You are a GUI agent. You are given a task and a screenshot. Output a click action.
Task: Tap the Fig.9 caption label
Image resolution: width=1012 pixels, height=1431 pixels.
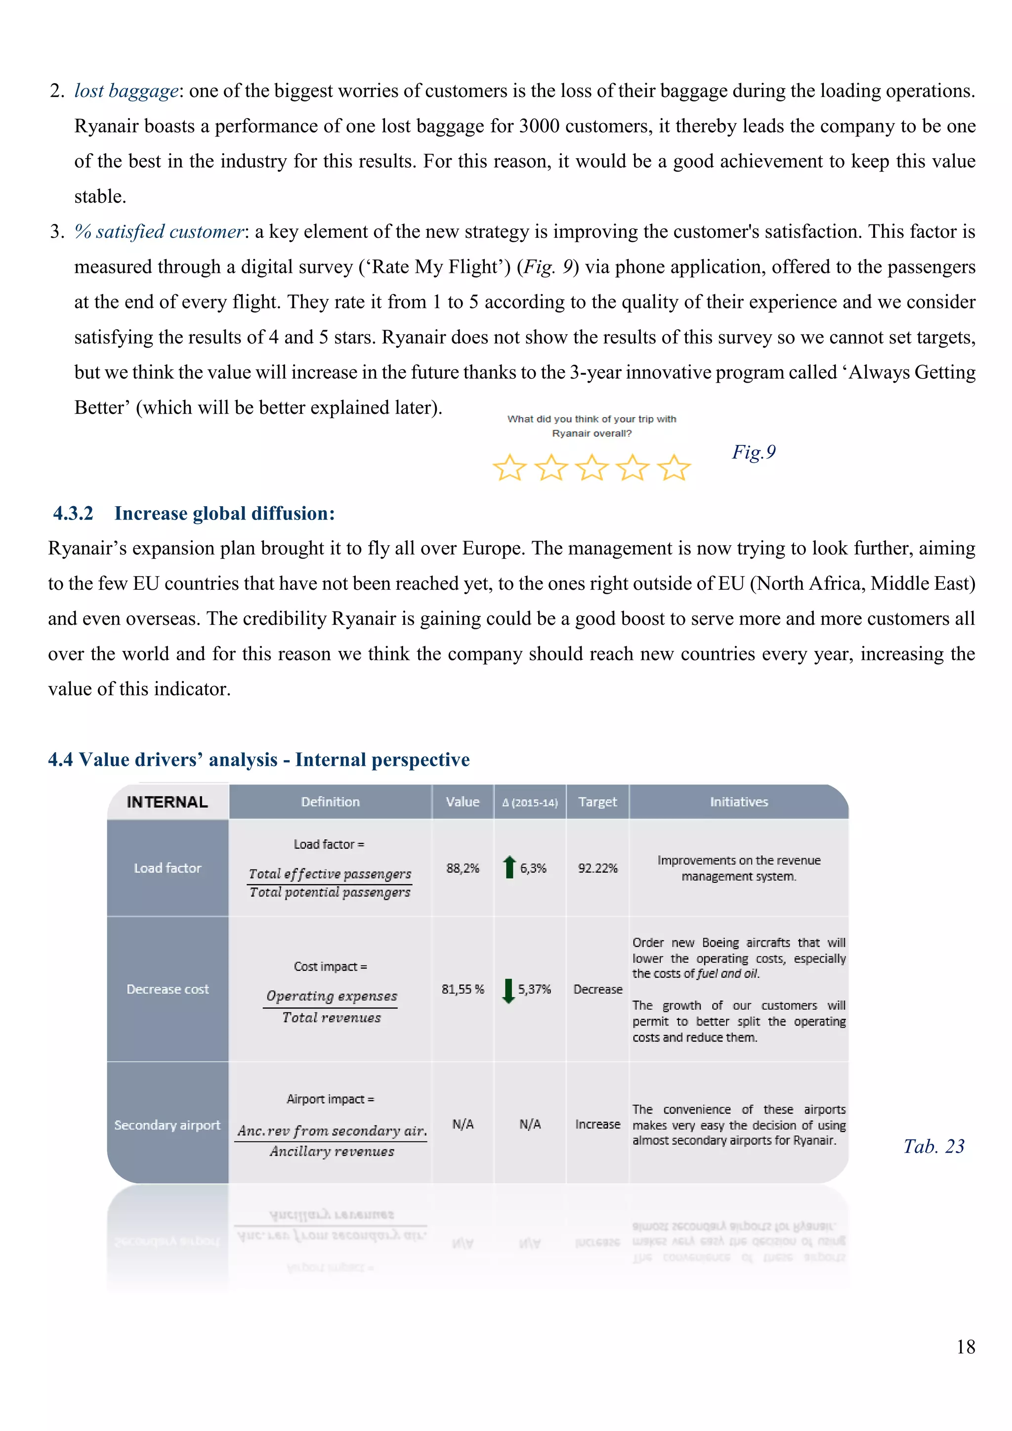754,452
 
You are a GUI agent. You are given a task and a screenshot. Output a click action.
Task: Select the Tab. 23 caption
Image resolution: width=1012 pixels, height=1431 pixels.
933,1146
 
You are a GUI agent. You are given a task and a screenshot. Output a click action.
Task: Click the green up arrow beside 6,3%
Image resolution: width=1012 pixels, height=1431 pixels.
509,867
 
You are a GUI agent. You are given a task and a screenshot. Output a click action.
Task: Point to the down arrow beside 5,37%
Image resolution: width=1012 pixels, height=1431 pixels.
508,990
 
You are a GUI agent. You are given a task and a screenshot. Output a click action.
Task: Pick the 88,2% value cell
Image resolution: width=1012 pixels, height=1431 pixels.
463,868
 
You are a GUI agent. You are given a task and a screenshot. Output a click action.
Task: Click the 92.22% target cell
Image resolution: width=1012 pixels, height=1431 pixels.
597,868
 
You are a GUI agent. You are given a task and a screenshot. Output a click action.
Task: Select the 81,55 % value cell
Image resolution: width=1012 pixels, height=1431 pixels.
463,989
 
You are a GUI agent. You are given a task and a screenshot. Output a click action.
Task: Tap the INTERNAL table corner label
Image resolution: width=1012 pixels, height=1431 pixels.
167,802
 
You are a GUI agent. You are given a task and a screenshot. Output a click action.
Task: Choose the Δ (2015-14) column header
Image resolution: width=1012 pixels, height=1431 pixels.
530,803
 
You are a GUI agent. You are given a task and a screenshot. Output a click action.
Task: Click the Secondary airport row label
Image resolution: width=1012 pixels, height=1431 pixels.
167,1125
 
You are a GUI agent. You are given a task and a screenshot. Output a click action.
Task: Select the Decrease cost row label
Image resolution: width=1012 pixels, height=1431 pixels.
167,989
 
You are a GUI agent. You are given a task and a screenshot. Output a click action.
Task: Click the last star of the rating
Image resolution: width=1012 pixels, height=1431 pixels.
674,468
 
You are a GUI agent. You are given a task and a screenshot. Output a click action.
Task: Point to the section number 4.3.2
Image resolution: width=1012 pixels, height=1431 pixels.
73,514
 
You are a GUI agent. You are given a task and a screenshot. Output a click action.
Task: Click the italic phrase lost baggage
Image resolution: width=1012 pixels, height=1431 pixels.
126,91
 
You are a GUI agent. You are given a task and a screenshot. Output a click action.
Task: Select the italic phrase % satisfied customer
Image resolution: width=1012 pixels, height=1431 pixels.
159,232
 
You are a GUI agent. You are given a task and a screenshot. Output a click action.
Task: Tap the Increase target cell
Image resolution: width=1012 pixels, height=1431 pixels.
597,1125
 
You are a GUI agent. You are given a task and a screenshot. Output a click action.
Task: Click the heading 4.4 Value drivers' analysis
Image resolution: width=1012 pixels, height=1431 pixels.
258,760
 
